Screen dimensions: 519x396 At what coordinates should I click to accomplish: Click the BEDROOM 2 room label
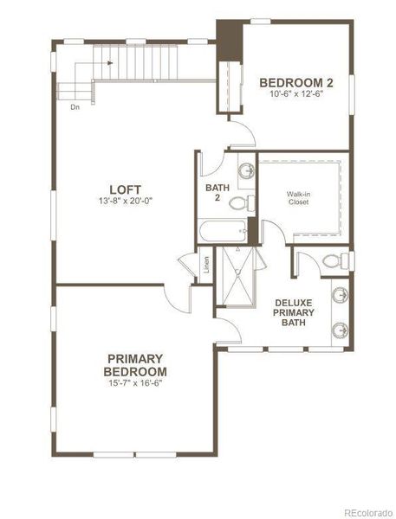(296, 82)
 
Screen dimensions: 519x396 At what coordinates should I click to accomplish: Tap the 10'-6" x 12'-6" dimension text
(296, 94)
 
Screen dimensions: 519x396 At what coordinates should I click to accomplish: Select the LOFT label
(125, 189)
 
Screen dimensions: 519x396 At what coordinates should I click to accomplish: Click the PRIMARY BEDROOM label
(136, 365)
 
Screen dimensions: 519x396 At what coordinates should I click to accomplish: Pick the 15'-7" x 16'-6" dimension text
(136, 383)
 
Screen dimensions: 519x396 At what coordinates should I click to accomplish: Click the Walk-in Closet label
(300, 199)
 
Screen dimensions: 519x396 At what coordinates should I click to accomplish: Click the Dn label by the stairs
(76, 107)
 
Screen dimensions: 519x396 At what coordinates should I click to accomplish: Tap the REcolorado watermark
(367, 509)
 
